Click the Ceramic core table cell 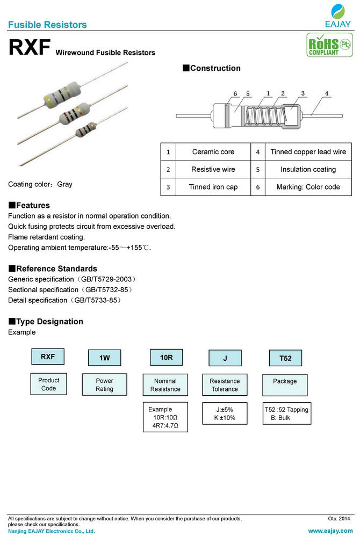click(213, 152)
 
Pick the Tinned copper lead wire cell click(308, 152)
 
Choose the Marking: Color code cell click(308, 187)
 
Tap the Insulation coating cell click(308, 169)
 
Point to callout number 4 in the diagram click(326, 93)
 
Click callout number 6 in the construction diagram click(235, 93)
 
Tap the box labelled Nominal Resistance click(165, 385)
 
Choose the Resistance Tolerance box click(225, 385)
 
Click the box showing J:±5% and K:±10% click(225, 413)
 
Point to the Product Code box click(48, 384)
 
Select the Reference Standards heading click(53, 268)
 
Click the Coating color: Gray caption click(40, 184)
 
